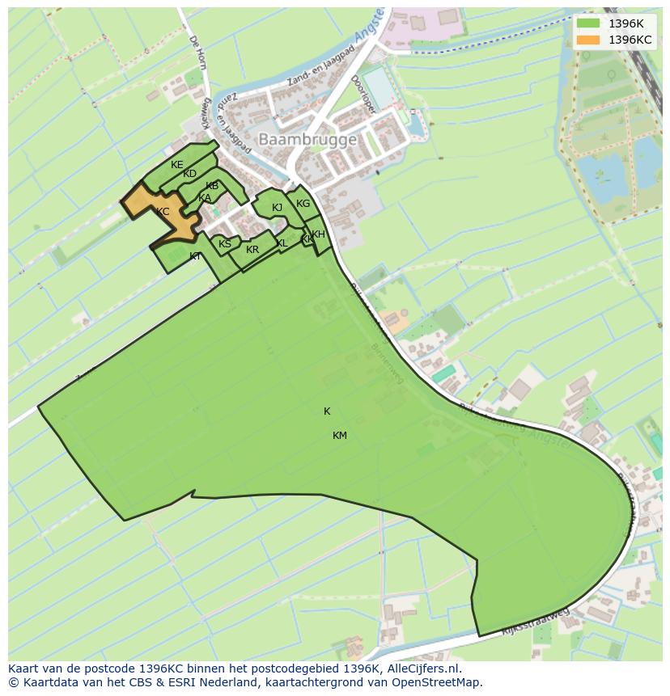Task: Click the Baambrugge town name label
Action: pos(307,140)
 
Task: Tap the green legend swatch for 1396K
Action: pos(588,23)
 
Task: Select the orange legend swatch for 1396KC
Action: pos(588,40)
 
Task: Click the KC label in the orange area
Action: pos(163,212)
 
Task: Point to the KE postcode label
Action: pos(176,165)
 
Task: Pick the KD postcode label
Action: pos(189,174)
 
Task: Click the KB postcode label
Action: pos(212,186)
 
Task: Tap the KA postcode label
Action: pos(205,198)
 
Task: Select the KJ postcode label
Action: pos(277,208)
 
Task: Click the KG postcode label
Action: pos(303,204)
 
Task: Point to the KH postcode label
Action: pos(318,234)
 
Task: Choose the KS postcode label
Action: pos(224,244)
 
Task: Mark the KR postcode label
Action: pos(252,250)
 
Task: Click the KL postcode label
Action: pos(282,243)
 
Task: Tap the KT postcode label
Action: pos(195,256)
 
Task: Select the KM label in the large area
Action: pos(339,436)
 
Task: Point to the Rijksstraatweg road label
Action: pos(535,622)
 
